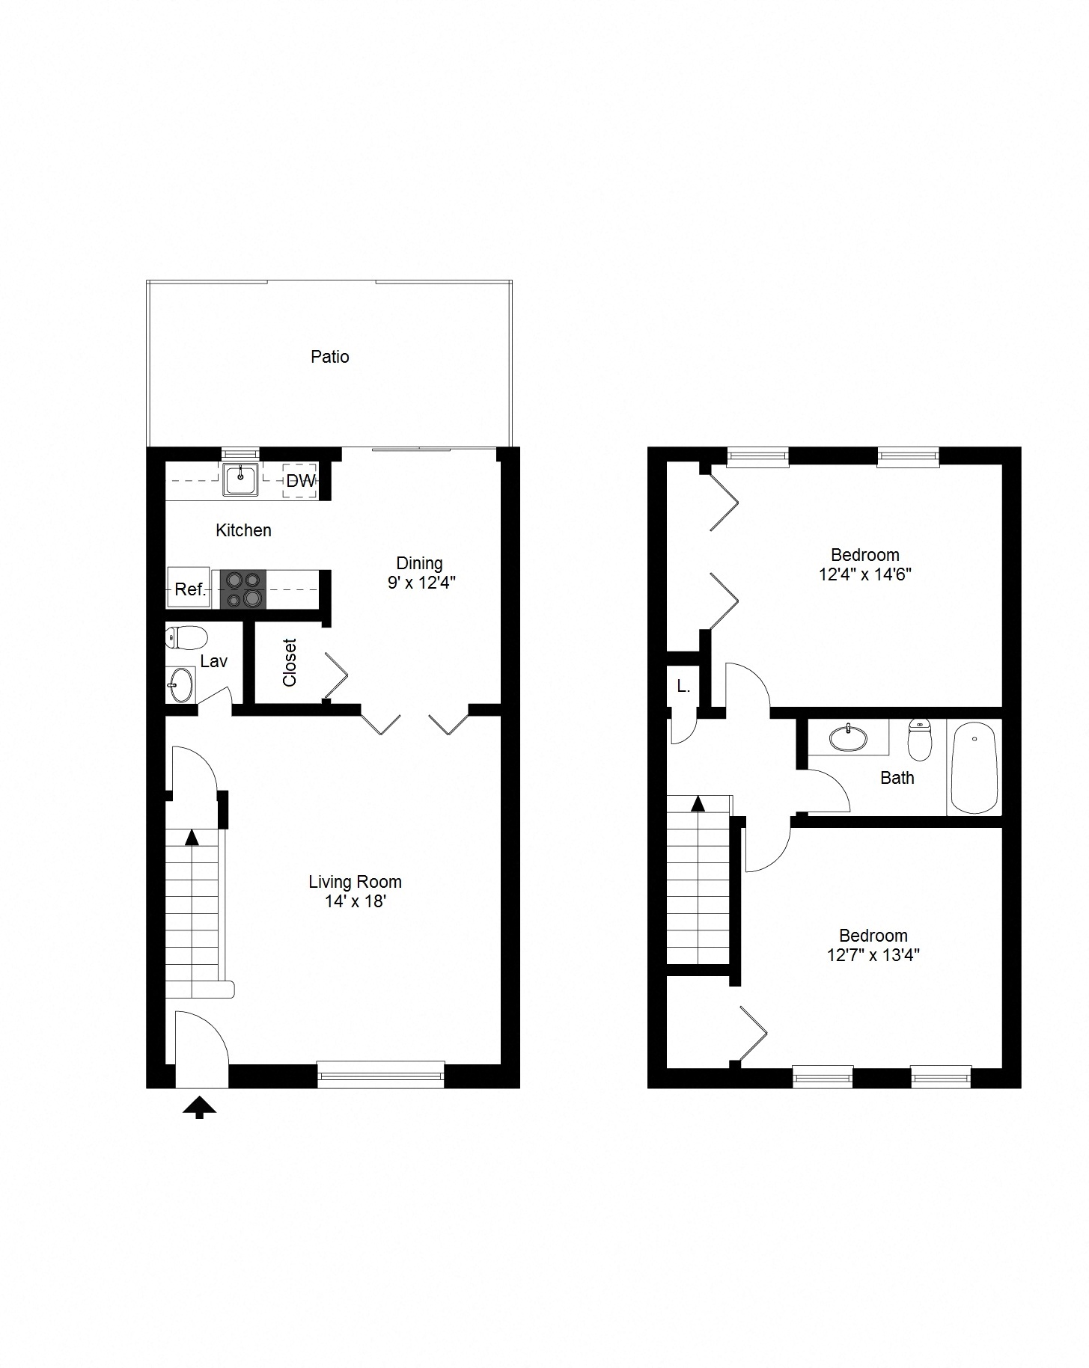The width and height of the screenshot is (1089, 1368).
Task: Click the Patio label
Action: click(329, 357)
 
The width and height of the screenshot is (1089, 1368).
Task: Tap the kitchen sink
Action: click(240, 479)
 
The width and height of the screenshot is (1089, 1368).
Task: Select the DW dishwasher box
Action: click(301, 481)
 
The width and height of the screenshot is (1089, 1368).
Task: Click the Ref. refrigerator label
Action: click(190, 589)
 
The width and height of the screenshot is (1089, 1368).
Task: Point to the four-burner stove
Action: click(244, 589)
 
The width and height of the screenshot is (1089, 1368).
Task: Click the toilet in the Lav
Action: click(186, 638)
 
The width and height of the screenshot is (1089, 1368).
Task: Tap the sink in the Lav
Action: click(180, 684)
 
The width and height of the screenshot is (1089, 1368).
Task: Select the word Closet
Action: click(290, 662)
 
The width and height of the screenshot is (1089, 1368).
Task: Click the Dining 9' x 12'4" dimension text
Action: click(421, 583)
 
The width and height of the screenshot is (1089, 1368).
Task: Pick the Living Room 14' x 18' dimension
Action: click(355, 901)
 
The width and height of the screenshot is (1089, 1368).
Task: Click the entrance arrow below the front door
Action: click(200, 1107)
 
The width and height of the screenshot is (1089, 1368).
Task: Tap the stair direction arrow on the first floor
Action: click(192, 837)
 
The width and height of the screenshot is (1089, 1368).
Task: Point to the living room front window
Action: click(380, 1074)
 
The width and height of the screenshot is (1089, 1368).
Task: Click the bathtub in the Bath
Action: click(974, 767)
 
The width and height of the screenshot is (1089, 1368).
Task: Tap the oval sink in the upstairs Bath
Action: click(849, 738)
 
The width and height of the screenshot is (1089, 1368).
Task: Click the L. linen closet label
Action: click(683, 686)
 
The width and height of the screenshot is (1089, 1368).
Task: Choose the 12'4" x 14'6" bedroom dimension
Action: click(865, 574)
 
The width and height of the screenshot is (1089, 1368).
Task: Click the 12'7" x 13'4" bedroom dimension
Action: click(873, 955)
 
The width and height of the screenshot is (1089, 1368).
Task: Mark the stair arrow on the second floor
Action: click(698, 804)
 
